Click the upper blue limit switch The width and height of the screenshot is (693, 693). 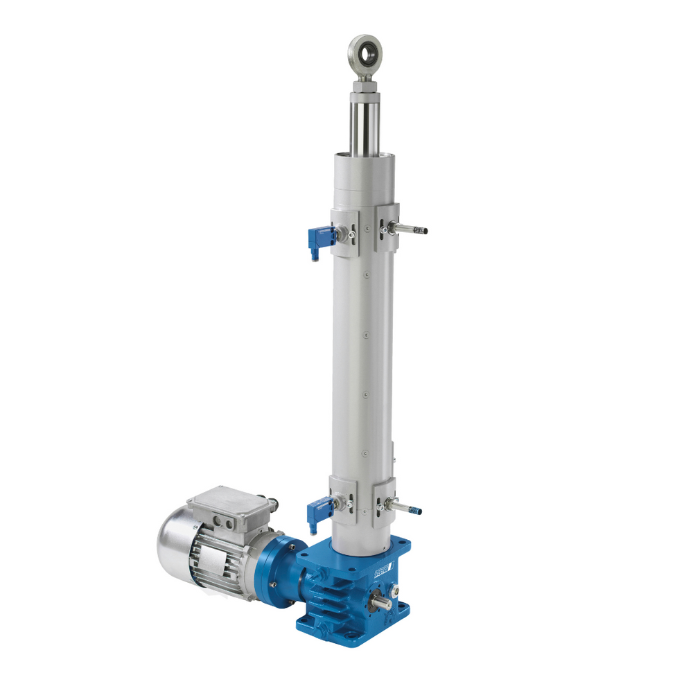tap(320, 237)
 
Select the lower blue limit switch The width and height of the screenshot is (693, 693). tap(319, 512)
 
